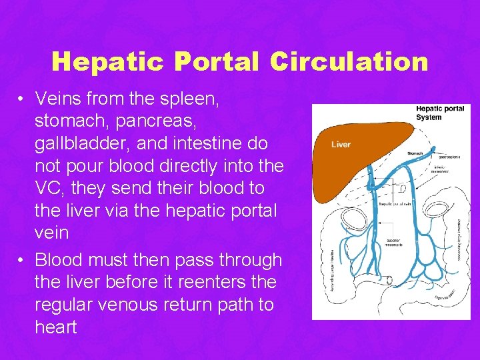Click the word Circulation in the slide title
(349, 61)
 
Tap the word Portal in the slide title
(219, 61)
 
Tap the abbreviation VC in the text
(47, 188)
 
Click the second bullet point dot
(22, 260)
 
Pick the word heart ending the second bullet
(56, 327)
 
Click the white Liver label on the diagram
(341, 145)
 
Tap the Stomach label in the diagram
(415, 153)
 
